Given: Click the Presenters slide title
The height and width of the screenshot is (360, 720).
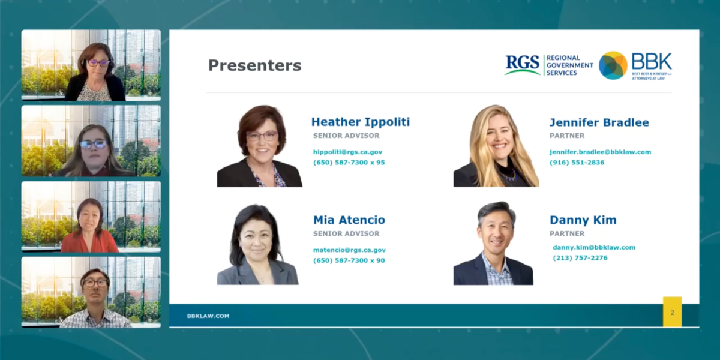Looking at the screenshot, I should pyautogui.click(x=254, y=65).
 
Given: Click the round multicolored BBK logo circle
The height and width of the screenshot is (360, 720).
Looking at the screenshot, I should pyautogui.click(x=613, y=65).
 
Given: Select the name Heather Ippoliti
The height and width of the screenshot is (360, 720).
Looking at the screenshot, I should pyautogui.click(x=360, y=122).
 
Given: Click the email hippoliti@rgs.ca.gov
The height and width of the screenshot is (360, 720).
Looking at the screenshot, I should pyautogui.click(x=347, y=152).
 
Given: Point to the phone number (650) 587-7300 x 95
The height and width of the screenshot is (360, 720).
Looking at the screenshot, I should pyautogui.click(x=349, y=163).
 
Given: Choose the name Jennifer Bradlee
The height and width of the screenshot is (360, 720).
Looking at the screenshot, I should pyautogui.click(x=599, y=122).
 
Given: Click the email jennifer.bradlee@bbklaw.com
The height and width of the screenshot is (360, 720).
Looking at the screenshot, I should pyautogui.click(x=600, y=152).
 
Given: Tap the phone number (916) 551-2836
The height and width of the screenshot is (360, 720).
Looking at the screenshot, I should pyautogui.click(x=577, y=163).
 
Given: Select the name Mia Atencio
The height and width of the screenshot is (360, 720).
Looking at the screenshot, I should pyautogui.click(x=349, y=220).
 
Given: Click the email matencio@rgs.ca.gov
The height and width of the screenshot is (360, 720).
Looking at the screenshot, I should pyautogui.click(x=349, y=250).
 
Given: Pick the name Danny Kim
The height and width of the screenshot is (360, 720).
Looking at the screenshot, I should pyautogui.click(x=583, y=220).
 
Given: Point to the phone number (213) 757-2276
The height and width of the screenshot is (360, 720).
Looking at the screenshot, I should pyautogui.click(x=580, y=258).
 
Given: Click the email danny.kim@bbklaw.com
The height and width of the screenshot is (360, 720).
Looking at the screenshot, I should pyautogui.click(x=593, y=247).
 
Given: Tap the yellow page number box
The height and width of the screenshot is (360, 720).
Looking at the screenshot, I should pyautogui.click(x=672, y=312).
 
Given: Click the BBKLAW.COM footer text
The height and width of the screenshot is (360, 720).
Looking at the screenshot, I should pyautogui.click(x=208, y=316).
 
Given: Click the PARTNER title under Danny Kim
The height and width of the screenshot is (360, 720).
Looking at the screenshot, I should pyautogui.click(x=566, y=233).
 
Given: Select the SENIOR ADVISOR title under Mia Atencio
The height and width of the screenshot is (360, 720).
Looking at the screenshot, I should pyautogui.click(x=346, y=233).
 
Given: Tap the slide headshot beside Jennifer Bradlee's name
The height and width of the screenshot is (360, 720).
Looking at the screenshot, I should pyautogui.click(x=496, y=146).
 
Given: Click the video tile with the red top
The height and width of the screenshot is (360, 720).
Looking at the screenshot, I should pyautogui.click(x=91, y=216).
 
